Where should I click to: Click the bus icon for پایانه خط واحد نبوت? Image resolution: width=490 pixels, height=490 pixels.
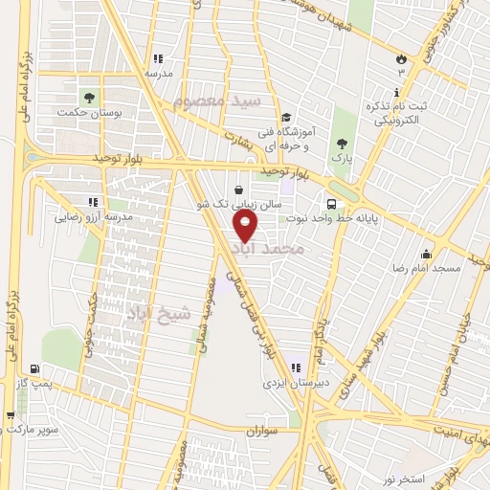pos(331,204)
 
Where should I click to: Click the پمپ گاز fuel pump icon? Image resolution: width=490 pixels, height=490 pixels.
pos(35,367)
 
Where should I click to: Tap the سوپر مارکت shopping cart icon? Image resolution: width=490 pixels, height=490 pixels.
pos(11,415)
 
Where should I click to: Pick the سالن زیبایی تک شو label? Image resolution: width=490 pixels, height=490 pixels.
pos(238,205)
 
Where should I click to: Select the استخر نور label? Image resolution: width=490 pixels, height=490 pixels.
pos(404,477)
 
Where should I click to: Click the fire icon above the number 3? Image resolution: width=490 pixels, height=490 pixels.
pos(400,58)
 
